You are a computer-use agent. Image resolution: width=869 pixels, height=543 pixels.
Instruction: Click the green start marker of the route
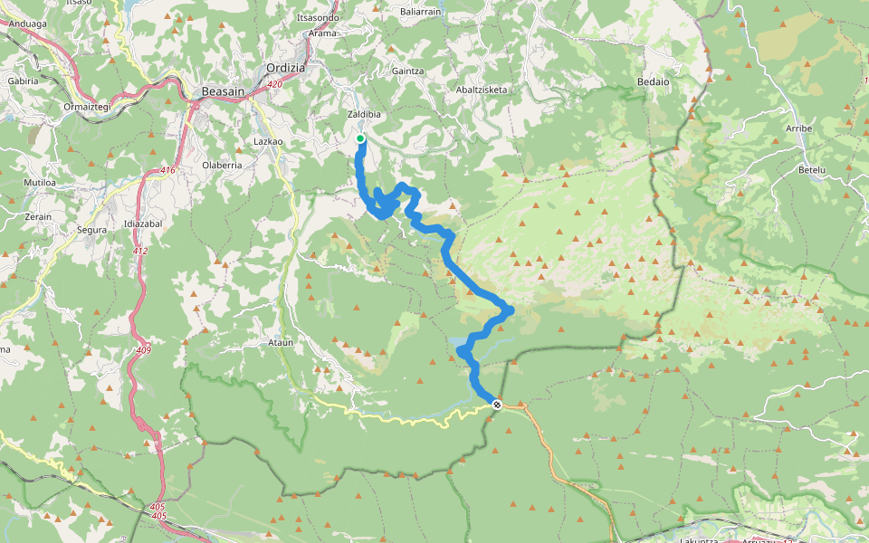[360, 138]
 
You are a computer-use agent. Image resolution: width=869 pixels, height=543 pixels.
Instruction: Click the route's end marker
[497, 404]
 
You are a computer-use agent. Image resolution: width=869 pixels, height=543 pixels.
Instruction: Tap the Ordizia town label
[286, 68]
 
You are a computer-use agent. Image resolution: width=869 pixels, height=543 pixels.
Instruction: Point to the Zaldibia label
[364, 116]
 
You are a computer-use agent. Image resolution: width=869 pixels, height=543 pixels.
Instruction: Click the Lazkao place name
[270, 143]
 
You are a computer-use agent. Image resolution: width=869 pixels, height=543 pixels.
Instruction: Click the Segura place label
[92, 230]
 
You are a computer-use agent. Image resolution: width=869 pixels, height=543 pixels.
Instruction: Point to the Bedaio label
[653, 81]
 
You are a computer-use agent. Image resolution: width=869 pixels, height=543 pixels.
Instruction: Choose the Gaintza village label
[408, 71]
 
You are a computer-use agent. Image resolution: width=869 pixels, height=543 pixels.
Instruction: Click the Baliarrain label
[420, 13]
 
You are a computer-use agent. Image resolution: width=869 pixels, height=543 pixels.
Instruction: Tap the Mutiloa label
[40, 183]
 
